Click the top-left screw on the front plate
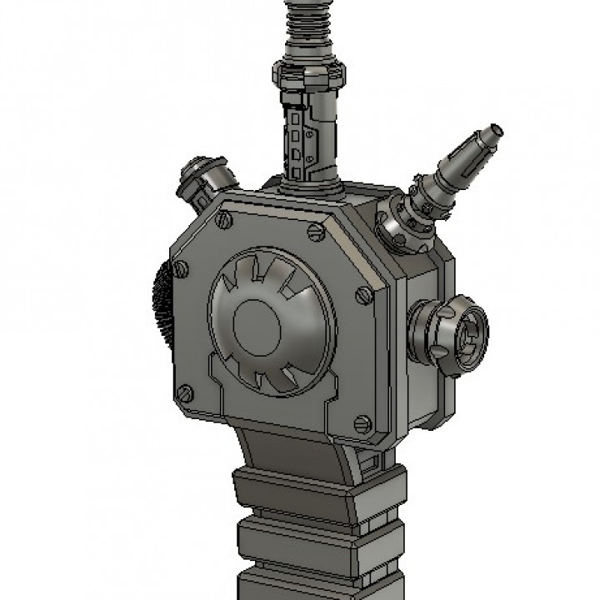(x=223, y=221)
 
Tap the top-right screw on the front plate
(x=314, y=233)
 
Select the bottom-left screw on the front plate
(x=185, y=392)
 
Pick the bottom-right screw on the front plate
(x=362, y=424)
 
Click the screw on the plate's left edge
(x=179, y=269)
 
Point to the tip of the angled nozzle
(x=496, y=130)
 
